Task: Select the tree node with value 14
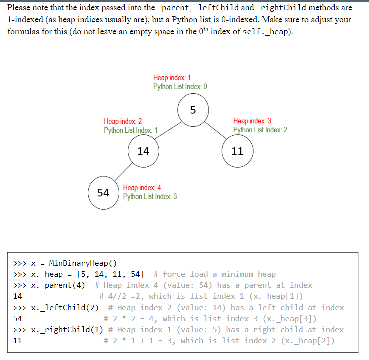(x=143, y=151)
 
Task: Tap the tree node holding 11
(x=237, y=151)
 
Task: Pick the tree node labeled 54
(x=103, y=193)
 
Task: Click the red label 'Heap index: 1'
(x=172, y=78)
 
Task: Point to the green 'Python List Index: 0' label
(x=180, y=87)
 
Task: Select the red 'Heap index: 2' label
(x=123, y=121)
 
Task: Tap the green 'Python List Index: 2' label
(x=260, y=130)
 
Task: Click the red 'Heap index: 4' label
(x=142, y=188)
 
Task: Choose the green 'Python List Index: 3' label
(x=150, y=197)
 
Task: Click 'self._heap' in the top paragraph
(x=265, y=32)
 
